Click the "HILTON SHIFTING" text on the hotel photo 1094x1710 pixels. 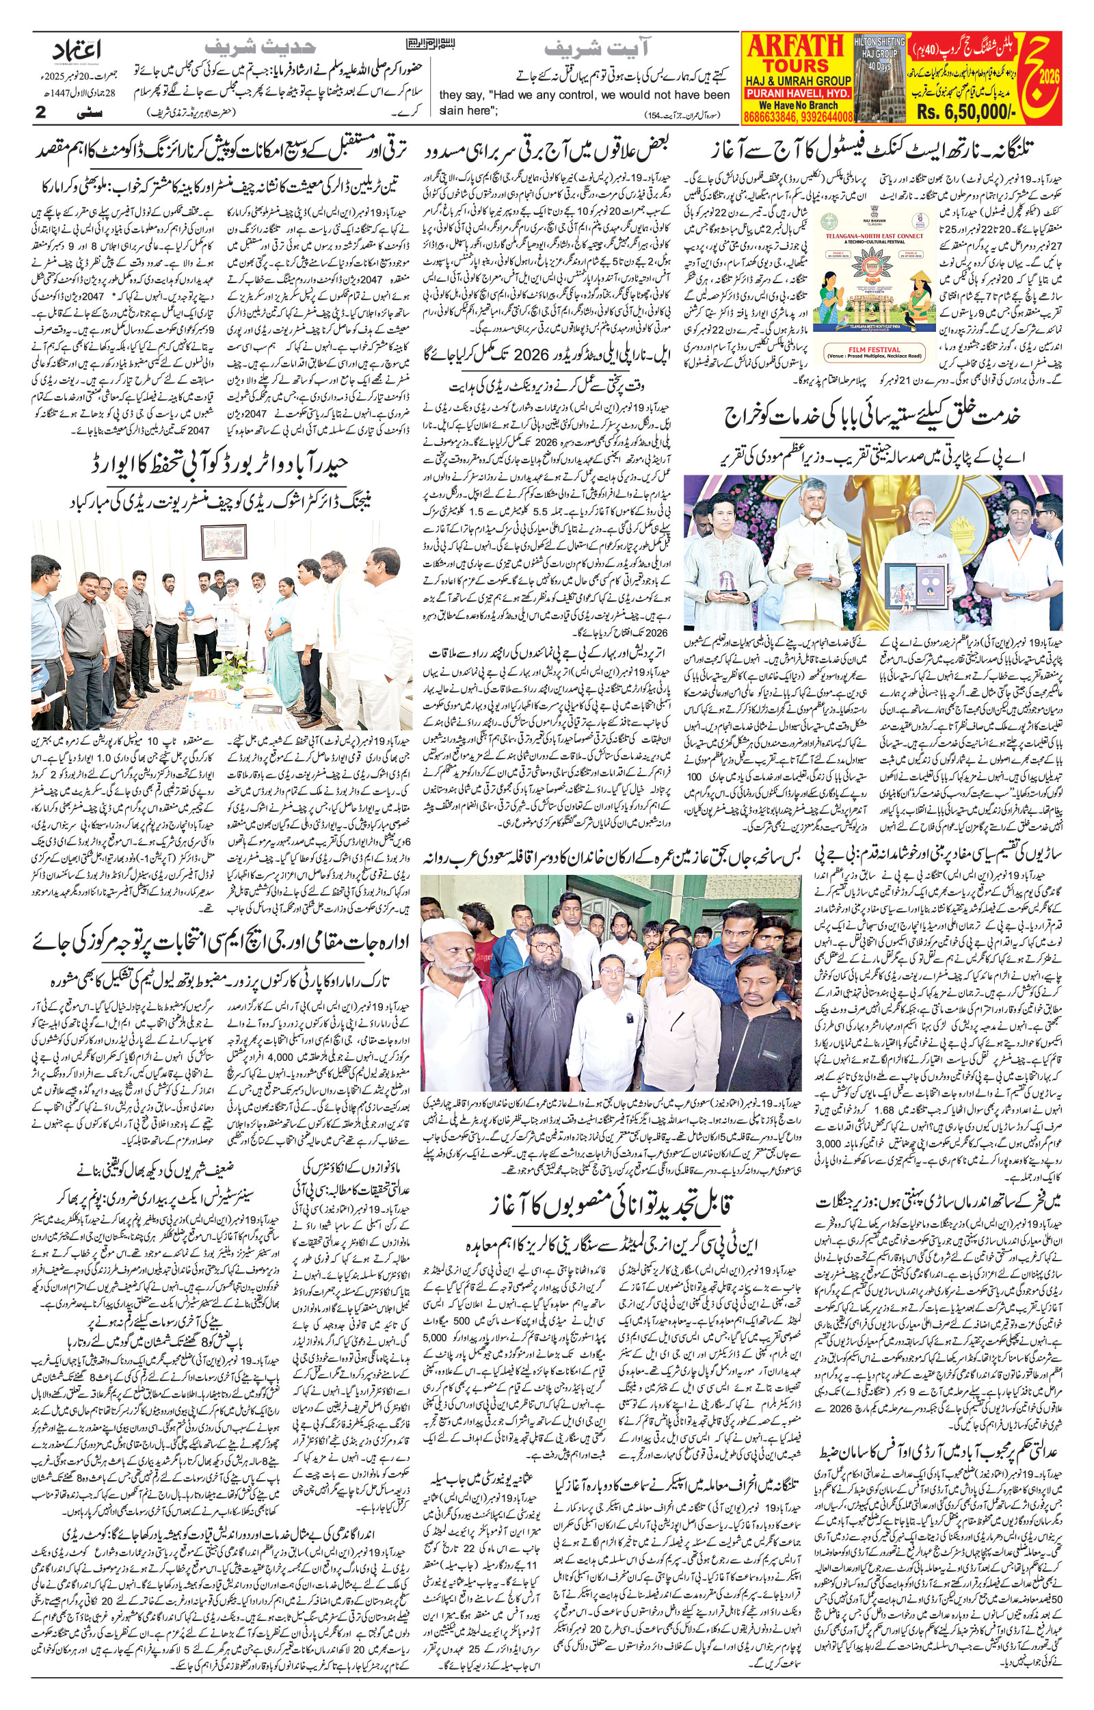pos(879,42)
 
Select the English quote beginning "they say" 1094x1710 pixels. pos(585,102)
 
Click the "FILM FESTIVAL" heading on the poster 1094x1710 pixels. pos(875,350)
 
